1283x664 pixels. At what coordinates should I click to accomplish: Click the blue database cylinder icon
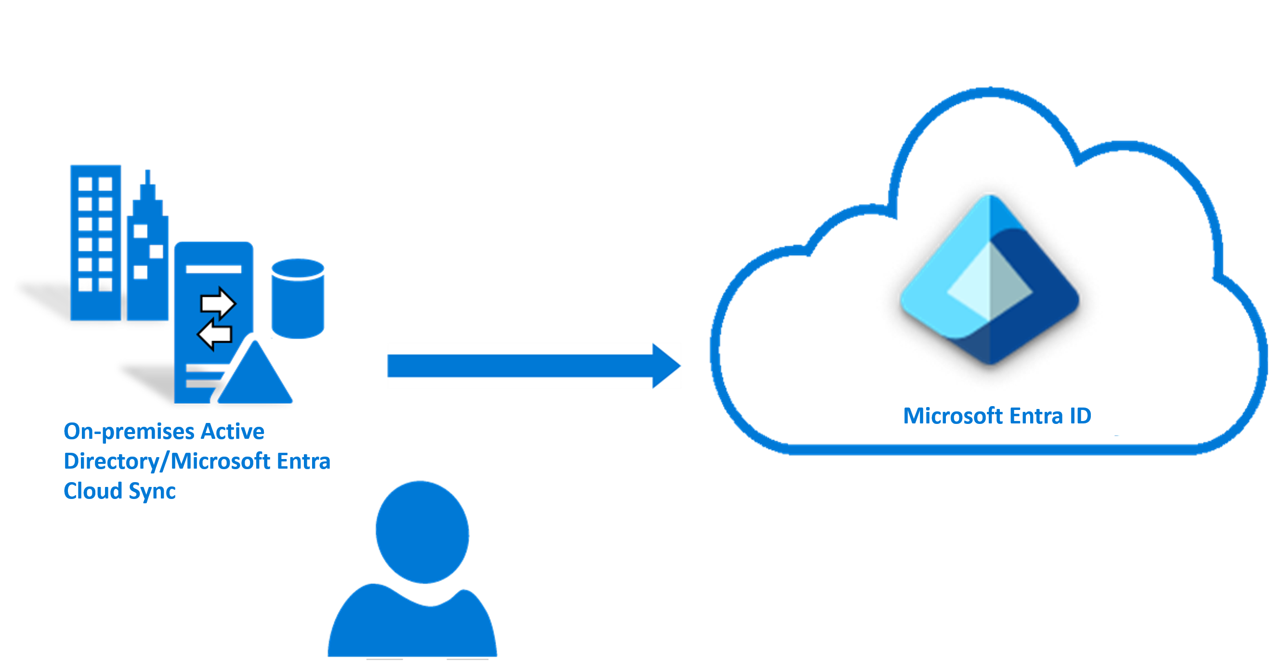pos(298,299)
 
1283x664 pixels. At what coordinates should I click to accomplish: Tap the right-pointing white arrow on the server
pos(217,303)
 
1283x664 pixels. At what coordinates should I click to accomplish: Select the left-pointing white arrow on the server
pos(215,334)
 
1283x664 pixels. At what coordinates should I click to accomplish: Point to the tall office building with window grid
pos(96,243)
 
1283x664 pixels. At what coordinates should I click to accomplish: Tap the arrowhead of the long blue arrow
pos(666,366)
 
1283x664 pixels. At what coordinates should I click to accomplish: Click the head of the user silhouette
pos(422,532)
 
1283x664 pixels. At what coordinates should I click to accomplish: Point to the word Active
pos(232,431)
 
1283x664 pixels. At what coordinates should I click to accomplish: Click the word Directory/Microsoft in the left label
pos(167,461)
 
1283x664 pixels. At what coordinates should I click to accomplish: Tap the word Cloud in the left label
pos(92,491)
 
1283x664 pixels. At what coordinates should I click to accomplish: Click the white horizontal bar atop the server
pos(214,269)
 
